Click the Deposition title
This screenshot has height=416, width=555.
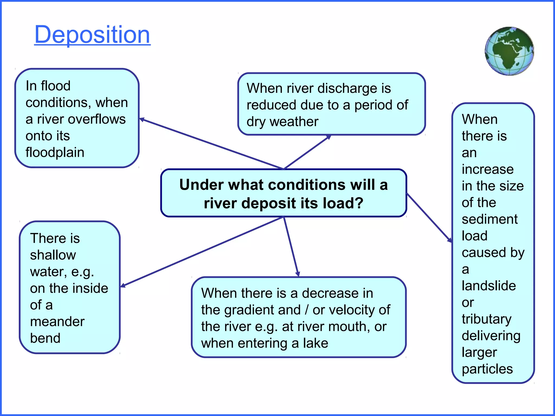pyautogui.click(x=92, y=34)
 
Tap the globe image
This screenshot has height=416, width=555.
pyautogui.click(x=509, y=51)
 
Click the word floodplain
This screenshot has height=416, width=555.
pyautogui.click(x=55, y=152)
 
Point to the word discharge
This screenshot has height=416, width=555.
pyautogui.click(x=344, y=89)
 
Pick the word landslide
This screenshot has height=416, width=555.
pyautogui.click(x=489, y=286)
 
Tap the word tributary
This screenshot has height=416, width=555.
pyautogui.click(x=486, y=319)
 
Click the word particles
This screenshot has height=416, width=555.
pyautogui.click(x=487, y=369)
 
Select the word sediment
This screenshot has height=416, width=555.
pyautogui.click(x=490, y=219)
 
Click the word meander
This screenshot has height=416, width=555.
pyautogui.click(x=57, y=322)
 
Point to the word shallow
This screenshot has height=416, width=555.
pyautogui.click(x=53, y=255)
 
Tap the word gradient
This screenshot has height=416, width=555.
pyautogui.click(x=263, y=310)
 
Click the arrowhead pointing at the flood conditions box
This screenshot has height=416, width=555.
pyautogui.click(x=142, y=119)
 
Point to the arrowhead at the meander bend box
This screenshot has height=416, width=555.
pyautogui.click(x=123, y=285)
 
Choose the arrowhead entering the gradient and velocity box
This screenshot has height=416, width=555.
pyautogui.click(x=298, y=274)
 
